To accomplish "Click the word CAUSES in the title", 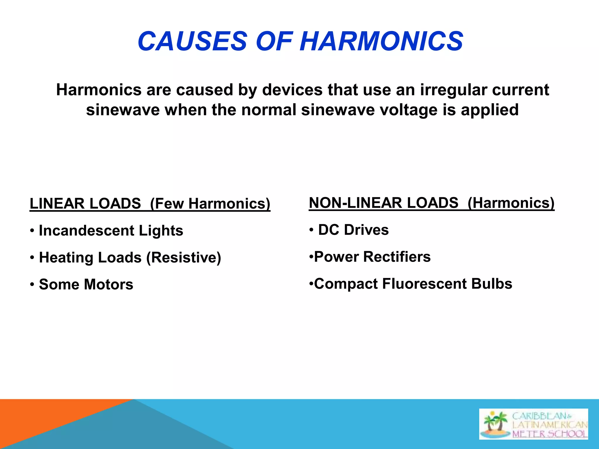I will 192,41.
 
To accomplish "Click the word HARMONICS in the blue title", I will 381,41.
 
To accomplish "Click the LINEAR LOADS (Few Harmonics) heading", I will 150,204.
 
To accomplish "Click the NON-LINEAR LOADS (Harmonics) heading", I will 431,203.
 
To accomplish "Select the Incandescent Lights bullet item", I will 111,231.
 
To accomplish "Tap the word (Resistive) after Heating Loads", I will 184,258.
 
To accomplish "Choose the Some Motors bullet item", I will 86,284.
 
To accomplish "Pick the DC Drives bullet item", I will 353,230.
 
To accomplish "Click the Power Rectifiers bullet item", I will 372,257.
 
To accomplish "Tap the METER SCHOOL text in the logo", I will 549,434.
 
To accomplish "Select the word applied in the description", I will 490,110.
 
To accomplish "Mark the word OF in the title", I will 274,41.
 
